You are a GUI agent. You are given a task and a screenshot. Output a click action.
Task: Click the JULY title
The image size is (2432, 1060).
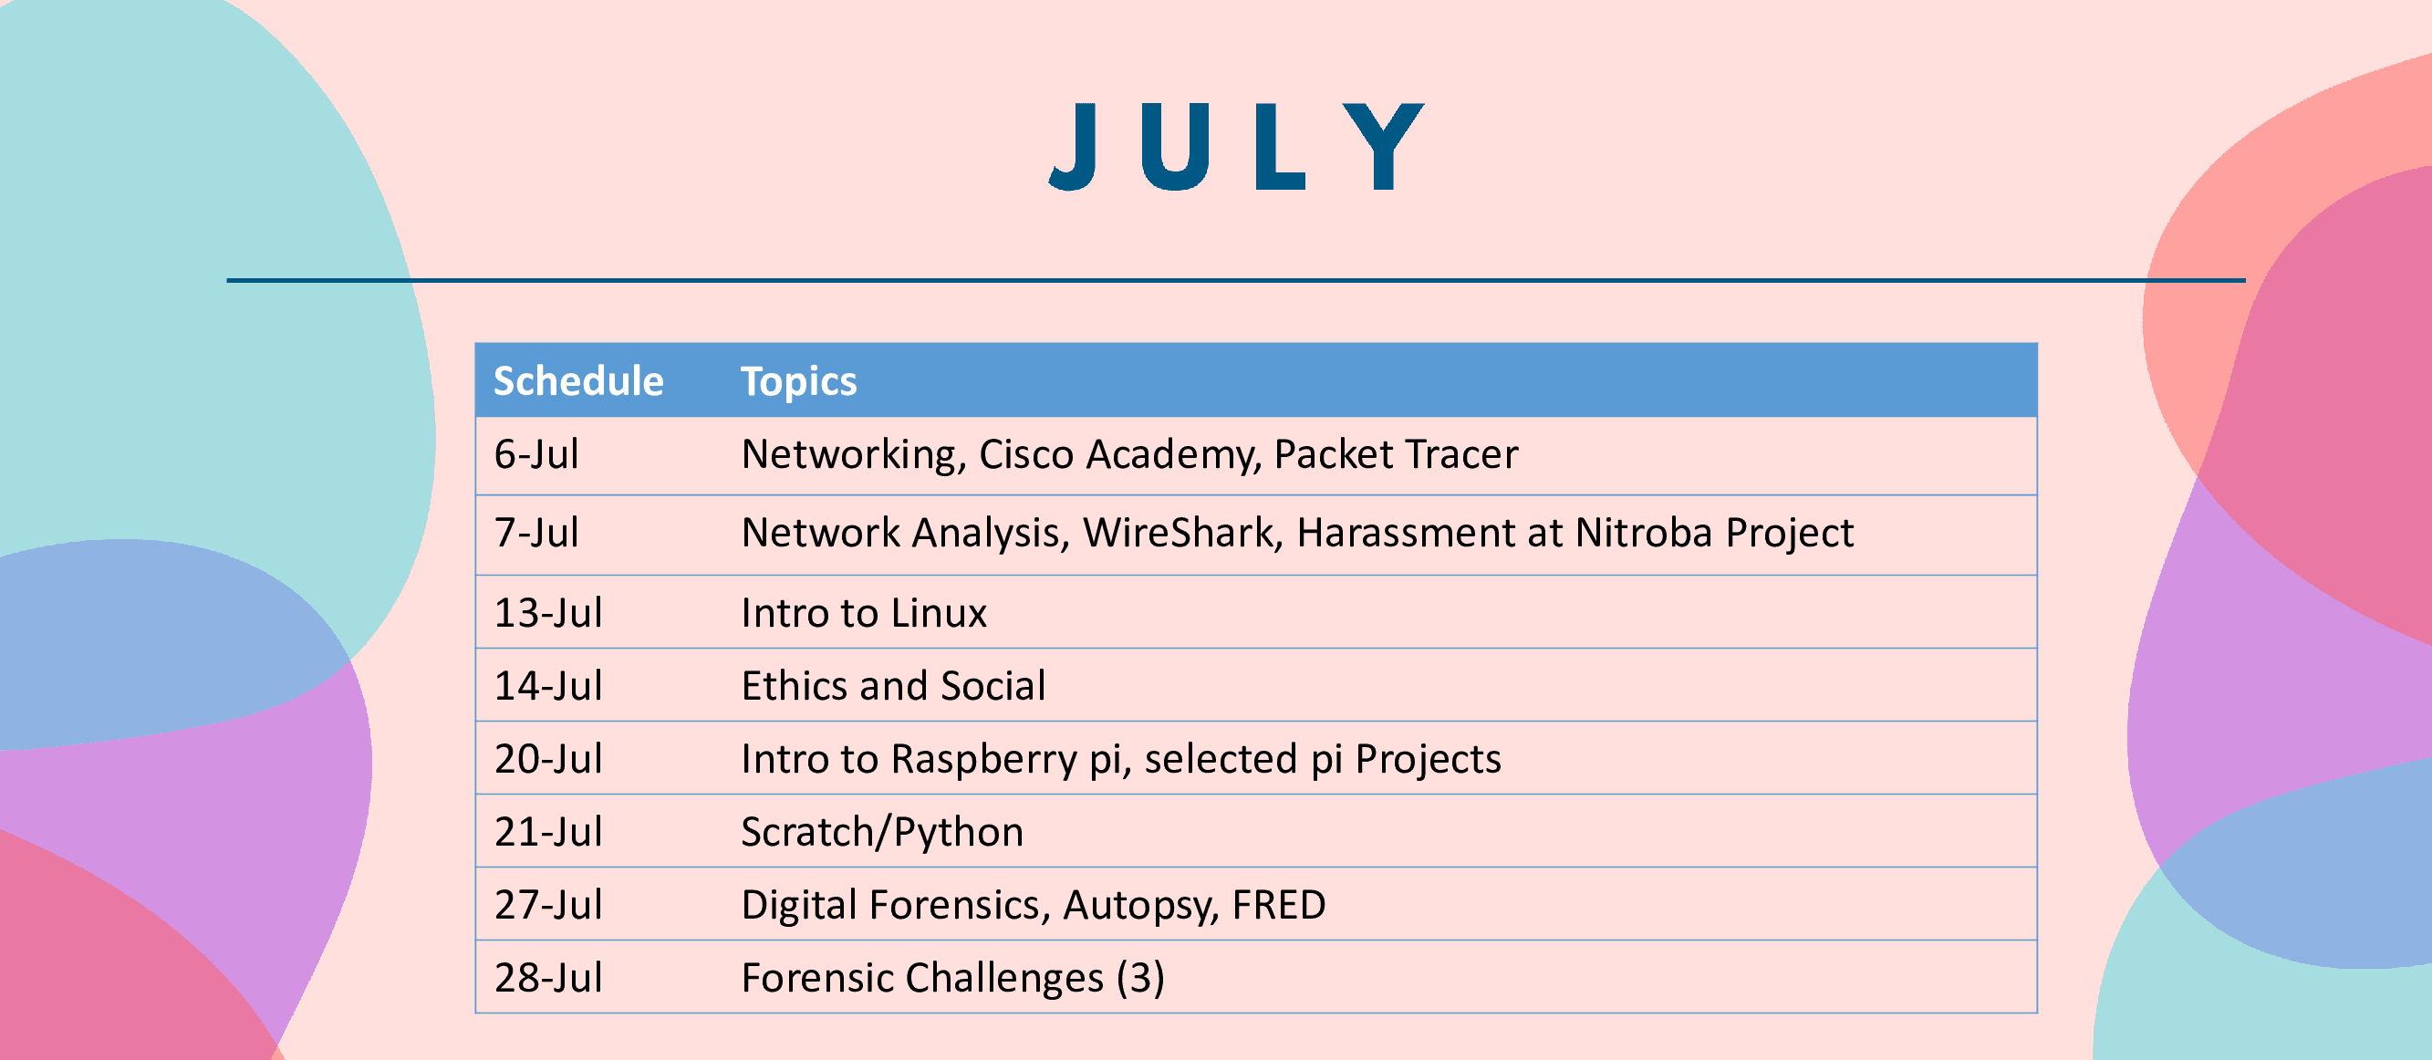pos(1237,146)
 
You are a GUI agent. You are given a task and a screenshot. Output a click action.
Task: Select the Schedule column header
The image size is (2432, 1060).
pos(578,381)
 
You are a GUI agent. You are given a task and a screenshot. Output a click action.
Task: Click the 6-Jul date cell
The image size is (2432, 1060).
pos(536,454)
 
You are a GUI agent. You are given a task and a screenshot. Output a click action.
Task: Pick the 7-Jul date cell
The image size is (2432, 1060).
pos(536,533)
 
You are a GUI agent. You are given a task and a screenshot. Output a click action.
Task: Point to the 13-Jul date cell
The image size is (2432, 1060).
pos(548,613)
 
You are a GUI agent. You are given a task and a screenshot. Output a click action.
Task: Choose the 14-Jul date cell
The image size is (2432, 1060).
pos(548,685)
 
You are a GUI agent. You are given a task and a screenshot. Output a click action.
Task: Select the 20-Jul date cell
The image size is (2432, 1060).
pos(548,759)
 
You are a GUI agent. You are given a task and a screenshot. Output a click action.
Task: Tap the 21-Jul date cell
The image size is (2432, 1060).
pos(548,832)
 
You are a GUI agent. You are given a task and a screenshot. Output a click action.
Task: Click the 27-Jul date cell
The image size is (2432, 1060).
pos(548,904)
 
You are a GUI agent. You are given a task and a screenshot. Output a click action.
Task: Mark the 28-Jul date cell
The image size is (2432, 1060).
pos(548,978)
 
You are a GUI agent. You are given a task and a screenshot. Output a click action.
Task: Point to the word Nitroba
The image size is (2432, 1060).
pos(1644,533)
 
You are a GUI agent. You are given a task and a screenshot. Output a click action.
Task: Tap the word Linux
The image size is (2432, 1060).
pos(940,613)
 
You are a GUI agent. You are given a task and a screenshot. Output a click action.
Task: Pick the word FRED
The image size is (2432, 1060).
pos(1279,905)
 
